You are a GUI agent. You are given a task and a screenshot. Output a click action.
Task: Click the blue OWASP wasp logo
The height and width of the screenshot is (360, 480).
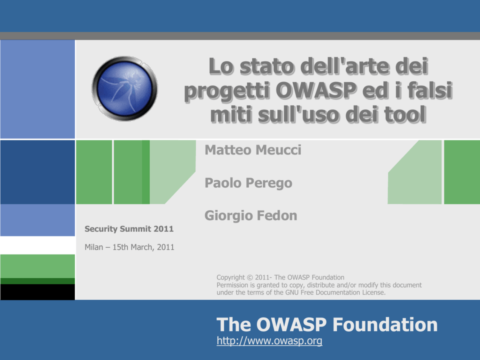click(x=124, y=89)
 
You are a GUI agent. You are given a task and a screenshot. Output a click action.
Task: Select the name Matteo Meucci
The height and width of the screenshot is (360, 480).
click(x=253, y=150)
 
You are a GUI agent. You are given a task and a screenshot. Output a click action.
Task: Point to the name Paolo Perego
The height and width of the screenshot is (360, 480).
click(x=248, y=183)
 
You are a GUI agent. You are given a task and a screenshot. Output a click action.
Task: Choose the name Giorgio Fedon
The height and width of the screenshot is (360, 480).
click(x=251, y=216)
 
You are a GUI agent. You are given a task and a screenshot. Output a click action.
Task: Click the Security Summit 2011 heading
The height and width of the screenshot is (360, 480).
click(x=129, y=229)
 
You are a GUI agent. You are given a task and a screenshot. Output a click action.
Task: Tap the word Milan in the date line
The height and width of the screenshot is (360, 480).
click(x=94, y=247)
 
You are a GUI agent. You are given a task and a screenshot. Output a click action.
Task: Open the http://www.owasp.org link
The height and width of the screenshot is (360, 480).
click(x=270, y=341)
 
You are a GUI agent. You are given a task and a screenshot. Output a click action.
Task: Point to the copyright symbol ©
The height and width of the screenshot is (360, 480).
click(x=250, y=277)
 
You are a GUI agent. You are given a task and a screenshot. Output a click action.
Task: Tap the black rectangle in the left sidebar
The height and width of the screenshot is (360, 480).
click(x=38, y=292)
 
